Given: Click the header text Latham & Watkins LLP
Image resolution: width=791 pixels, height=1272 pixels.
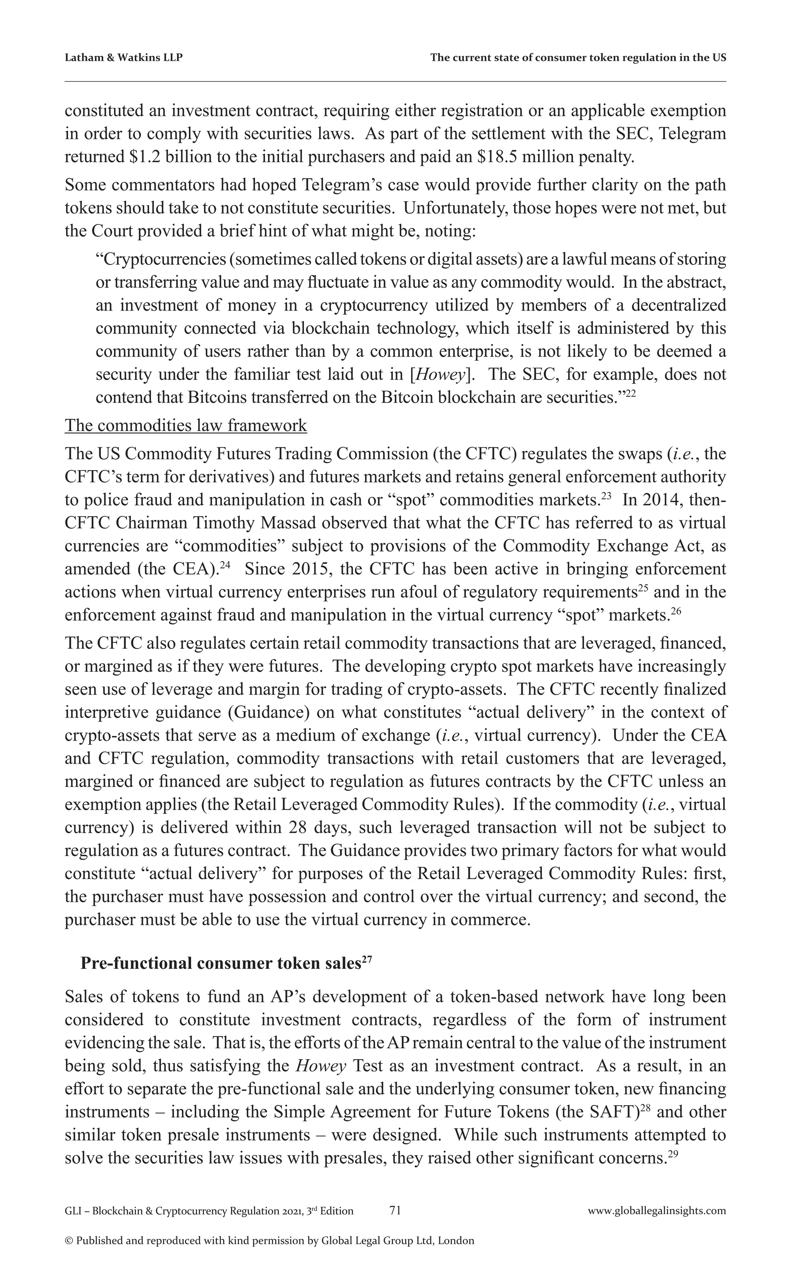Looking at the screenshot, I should point(124,58).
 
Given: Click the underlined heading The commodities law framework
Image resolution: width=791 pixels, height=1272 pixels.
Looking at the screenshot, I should point(186,425).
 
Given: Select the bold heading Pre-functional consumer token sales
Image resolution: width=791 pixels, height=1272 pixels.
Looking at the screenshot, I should point(220,964).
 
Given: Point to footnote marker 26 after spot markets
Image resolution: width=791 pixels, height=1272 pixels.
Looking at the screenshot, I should point(676,611).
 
